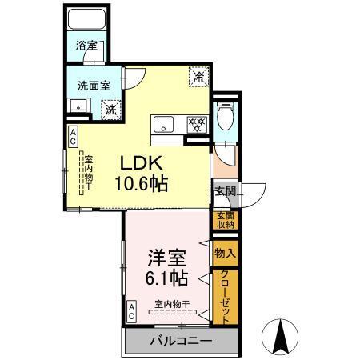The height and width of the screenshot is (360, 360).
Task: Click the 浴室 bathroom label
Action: pyautogui.click(x=86, y=46)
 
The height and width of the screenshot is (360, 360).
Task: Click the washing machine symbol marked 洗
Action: pyautogui.click(x=111, y=106)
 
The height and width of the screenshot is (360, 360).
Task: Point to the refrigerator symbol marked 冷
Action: pyautogui.click(x=197, y=77)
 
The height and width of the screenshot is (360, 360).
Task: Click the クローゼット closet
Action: pyautogui.click(x=224, y=297)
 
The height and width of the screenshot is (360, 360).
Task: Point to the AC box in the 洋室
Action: pyautogui.click(x=131, y=310)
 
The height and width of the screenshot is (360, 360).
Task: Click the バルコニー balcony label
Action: pyautogui.click(x=180, y=342)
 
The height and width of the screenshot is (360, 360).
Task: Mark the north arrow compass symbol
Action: pyautogui.click(x=282, y=335)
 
